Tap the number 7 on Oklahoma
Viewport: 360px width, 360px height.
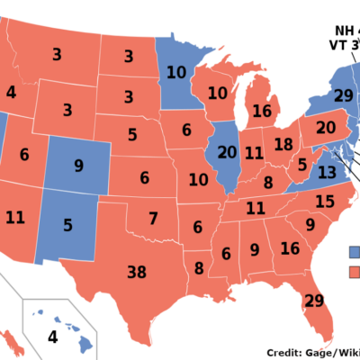tap(153, 219)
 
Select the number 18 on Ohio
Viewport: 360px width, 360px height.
tap(283, 146)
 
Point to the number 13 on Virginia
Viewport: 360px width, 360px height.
tap(327, 172)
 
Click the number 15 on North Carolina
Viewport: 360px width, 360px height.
tap(324, 202)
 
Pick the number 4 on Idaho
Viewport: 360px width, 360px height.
tap(11, 92)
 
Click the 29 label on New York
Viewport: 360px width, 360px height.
tap(343, 95)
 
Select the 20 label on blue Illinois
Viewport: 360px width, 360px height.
tap(227, 153)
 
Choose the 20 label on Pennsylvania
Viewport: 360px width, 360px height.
tap(326, 128)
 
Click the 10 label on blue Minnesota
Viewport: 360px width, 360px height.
tap(176, 72)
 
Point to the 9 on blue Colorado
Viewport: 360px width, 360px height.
tap(78, 166)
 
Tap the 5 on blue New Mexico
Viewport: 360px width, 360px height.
tap(67, 226)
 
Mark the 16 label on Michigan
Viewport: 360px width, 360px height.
tap(262, 111)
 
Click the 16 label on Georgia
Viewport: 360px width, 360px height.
tap(290, 248)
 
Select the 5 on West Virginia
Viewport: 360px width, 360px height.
tap(302, 165)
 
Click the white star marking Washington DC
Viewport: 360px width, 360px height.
tap(336, 152)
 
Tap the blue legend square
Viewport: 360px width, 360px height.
tap(355, 251)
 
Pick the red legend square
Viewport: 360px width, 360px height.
tap(355, 271)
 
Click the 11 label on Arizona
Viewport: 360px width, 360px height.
tap(14, 217)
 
